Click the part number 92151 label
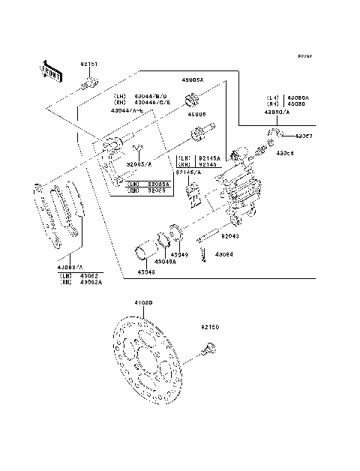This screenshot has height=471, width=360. (88, 65)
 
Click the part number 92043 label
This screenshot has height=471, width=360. (230, 236)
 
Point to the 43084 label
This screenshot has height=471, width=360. (224, 254)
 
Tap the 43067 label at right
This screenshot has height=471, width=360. (304, 136)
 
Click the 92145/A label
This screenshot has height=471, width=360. (187, 172)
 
